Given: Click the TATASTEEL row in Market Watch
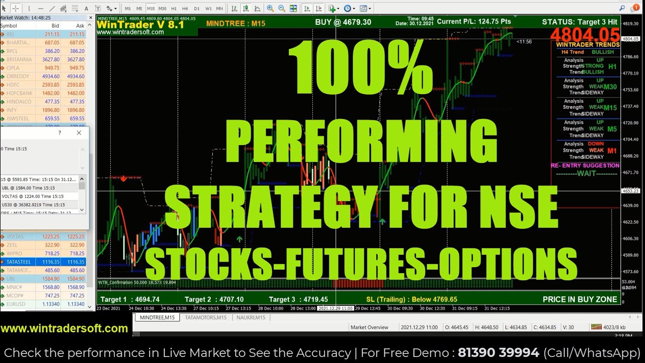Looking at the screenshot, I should coord(19,262).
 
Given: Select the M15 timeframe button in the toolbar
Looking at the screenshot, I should coord(151,9).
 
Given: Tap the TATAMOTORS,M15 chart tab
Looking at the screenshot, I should coord(205,318).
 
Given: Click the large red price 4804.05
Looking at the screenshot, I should coord(585,35).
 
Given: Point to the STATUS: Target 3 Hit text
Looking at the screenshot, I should coord(579,22).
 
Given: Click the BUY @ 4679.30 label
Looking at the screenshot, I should coord(343,22).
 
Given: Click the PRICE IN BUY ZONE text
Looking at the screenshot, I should coord(579,299).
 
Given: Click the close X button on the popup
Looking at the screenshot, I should coord(79,133).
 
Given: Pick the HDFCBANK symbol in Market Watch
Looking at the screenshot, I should coord(20,93).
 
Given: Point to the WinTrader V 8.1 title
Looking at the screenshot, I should coord(140,24).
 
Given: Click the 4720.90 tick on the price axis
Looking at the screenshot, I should coord(630,123).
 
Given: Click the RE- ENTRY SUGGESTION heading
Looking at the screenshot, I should coord(585,165).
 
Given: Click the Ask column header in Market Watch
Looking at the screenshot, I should coord(80,26).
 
